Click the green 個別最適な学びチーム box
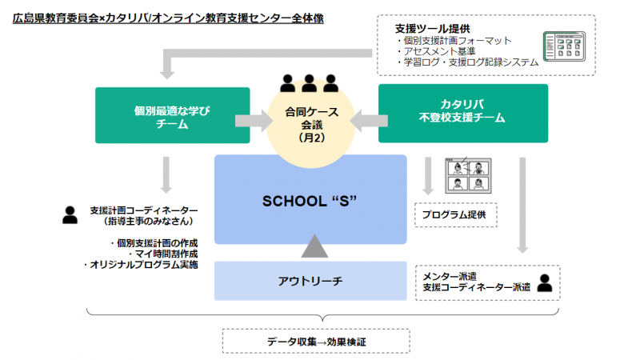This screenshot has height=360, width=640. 172,115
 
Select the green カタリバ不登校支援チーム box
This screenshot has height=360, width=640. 463,113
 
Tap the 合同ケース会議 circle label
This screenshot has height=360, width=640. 311,125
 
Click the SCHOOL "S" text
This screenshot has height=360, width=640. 310,202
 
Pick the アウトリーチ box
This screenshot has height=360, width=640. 310,281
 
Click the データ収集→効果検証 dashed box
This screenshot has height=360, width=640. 316,341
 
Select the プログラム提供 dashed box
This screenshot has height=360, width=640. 455,214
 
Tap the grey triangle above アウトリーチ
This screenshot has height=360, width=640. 314,246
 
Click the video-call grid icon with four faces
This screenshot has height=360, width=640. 468,175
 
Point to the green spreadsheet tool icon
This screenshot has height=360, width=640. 565,46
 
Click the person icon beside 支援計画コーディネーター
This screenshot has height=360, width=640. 70,215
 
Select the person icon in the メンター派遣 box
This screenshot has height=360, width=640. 545,282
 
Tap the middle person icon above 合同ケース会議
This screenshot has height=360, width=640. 309,83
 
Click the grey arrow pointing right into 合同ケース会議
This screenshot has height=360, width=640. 254,121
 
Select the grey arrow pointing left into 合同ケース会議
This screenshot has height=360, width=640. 369,121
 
